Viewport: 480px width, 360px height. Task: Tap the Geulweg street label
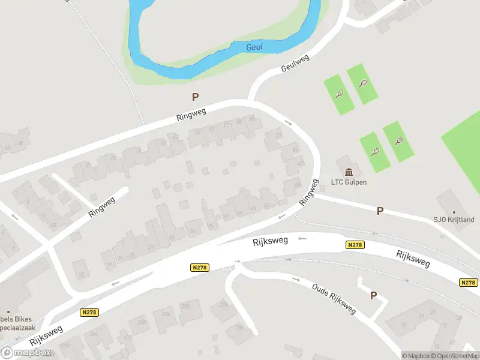[295, 63]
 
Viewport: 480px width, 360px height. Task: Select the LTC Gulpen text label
[349, 182]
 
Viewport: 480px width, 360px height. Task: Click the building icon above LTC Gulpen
[349, 172]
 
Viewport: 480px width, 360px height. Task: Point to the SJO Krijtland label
[454, 220]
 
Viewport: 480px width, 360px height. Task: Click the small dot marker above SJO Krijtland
[454, 212]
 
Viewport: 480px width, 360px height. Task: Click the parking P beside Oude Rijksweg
[374, 295]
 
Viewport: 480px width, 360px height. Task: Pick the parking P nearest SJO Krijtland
[380, 211]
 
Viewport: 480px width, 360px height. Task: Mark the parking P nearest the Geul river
[195, 97]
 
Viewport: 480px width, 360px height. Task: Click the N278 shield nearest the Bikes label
[88, 312]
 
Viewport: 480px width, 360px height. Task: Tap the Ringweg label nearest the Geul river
[191, 115]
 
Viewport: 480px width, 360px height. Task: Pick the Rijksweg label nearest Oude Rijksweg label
[271, 240]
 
